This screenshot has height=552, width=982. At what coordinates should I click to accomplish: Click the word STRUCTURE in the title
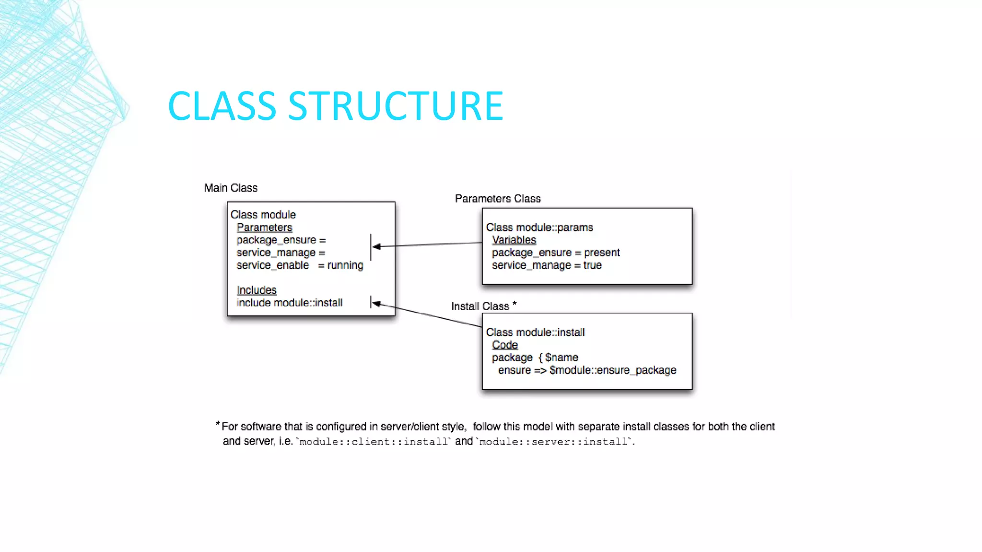(396, 106)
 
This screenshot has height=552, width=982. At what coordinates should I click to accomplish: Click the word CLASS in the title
(222, 106)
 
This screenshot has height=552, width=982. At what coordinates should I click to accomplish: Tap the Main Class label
(231, 188)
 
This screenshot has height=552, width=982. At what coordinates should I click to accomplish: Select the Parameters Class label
(497, 198)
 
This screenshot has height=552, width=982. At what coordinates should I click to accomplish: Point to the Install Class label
(480, 306)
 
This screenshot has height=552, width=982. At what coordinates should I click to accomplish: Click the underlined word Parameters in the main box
(264, 228)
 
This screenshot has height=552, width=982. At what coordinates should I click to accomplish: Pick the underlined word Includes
(257, 290)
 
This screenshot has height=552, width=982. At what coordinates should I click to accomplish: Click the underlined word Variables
(514, 240)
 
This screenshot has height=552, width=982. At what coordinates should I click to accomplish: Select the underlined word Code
(504, 345)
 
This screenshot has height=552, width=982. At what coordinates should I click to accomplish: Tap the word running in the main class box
(345, 265)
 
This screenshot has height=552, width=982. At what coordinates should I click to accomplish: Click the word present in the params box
(602, 253)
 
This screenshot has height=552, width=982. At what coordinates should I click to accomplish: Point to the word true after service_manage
(592, 265)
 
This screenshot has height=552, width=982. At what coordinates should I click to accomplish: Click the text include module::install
(289, 303)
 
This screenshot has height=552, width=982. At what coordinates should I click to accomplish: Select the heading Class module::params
(539, 227)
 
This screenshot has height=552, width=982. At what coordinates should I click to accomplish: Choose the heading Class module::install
(535, 332)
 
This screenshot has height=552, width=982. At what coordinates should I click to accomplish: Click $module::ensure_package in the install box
(613, 370)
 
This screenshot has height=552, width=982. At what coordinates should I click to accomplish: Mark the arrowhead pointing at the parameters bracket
(377, 247)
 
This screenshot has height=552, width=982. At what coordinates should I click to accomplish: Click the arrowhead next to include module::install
(377, 303)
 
